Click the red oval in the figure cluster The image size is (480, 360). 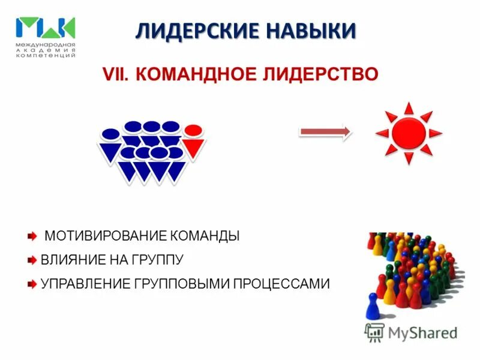(193, 130)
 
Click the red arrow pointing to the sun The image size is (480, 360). (325, 133)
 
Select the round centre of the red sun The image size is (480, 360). (408, 133)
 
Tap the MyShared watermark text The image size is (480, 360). (422, 332)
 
